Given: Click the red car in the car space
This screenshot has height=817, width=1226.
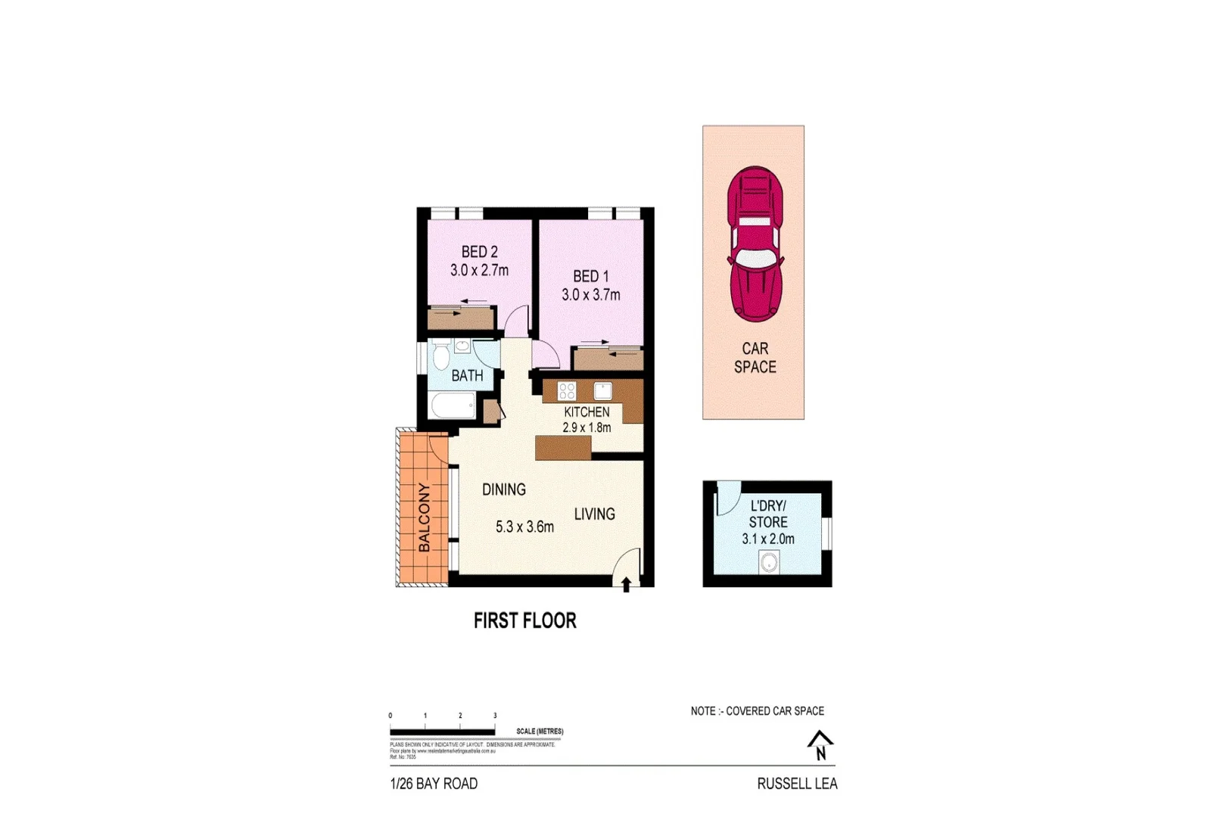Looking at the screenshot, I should tap(755, 244).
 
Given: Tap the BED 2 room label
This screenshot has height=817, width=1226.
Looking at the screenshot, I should tap(480, 252).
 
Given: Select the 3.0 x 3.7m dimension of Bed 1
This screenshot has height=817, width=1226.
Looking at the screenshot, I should tap(590, 295).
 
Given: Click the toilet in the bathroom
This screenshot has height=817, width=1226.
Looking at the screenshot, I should tap(441, 355).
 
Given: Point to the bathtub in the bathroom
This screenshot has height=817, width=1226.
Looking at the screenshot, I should tap(453, 405).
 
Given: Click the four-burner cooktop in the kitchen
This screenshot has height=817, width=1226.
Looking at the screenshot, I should tap(567, 391).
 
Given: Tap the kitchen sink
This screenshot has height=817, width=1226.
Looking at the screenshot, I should tap(602, 390).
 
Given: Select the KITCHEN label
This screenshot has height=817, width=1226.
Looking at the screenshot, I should tap(587, 412).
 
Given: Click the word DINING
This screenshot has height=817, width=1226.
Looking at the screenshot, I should tap(504, 489).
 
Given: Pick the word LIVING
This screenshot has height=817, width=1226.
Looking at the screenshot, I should tap(594, 514).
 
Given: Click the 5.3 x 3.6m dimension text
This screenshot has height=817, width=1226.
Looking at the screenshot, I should tap(524, 527).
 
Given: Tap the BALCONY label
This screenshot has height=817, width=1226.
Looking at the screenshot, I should tap(424, 517).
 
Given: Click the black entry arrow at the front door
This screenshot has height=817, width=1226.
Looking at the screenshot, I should tap(626, 584).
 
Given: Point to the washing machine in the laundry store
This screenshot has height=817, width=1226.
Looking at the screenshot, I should tap(769, 562).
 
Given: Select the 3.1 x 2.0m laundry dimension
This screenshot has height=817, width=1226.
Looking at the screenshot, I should tap(768, 539).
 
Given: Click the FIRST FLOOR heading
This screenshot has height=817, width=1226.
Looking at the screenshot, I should tap(524, 621).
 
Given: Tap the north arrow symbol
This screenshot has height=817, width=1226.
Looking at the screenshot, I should tap(820, 744).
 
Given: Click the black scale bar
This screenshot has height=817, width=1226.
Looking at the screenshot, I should tap(443, 732).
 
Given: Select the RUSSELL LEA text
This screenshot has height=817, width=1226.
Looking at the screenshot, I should tap(797, 784).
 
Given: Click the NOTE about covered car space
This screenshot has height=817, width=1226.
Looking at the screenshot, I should tap(757, 711).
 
